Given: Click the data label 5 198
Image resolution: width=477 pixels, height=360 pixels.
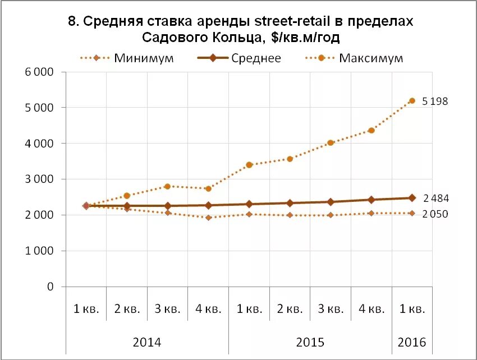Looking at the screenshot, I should [435, 101].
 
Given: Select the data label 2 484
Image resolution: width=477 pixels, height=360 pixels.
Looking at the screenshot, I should [435, 199].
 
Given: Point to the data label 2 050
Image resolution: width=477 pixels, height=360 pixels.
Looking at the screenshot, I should [435, 214].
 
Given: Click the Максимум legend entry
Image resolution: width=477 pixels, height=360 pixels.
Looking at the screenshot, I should [371, 58].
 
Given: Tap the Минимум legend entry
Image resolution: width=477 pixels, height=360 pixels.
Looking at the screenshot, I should [144, 58].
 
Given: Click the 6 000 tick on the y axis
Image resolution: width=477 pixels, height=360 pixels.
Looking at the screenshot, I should [39, 72].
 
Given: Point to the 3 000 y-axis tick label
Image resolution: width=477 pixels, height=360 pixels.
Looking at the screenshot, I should [39, 179].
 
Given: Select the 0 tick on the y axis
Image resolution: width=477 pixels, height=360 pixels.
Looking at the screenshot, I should [49, 287].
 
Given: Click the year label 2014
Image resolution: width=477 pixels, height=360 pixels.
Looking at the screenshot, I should [147, 342].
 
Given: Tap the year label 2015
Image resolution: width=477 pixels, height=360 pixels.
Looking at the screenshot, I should [310, 342].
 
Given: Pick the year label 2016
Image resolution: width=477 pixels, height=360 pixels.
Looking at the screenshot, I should [412, 342].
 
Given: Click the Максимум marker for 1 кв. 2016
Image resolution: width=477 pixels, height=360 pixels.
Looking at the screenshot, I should [412, 101].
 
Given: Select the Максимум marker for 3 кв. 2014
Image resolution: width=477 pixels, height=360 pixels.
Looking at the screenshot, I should [167, 186].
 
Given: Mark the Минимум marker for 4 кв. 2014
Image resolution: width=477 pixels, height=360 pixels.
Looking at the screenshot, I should [208, 218].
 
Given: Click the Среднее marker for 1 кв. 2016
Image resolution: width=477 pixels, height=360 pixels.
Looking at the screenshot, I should [412, 197].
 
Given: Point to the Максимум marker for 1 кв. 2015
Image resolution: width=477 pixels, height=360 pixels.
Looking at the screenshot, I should [249, 165].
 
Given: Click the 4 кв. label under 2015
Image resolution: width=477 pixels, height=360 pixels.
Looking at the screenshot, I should [371, 309].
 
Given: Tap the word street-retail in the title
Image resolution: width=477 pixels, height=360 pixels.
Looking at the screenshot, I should [286, 22].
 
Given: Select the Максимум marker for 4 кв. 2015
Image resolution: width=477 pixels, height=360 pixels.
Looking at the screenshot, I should [371, 131].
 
